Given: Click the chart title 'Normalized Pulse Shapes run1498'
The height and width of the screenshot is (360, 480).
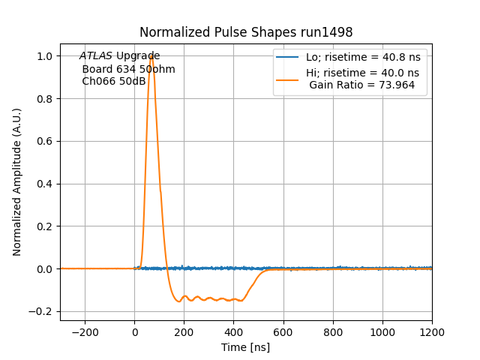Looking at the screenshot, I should pos(246,32).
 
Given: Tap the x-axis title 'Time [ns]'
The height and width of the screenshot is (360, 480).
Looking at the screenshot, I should pos(245,347).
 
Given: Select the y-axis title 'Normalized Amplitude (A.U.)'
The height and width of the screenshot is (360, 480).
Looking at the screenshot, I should pos(17,182).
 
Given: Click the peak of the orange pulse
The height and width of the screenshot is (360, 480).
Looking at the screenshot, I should pos(151,55).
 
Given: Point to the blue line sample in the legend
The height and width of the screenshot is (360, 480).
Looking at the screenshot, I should pos(287,58).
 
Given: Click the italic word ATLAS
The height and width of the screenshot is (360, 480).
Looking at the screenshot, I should pos(96,56).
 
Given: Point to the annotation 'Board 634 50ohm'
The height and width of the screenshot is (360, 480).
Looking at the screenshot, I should pos(128,69).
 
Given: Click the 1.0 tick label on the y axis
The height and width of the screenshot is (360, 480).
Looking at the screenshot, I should pos(45,56).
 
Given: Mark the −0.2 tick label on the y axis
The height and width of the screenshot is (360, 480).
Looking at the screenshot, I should pos(42,311).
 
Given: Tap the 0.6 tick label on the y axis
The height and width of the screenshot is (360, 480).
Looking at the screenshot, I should pos(45,141).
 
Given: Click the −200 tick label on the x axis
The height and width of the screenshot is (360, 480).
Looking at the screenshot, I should pos(85,331).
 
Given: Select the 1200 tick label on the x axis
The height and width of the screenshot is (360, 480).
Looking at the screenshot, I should pos(432,331).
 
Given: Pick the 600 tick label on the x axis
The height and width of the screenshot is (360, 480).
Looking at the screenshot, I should pos(283,331).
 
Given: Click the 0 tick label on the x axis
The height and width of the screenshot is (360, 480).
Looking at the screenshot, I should pos(134,331).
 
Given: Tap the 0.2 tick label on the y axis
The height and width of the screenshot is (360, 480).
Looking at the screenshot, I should pos(45,226).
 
